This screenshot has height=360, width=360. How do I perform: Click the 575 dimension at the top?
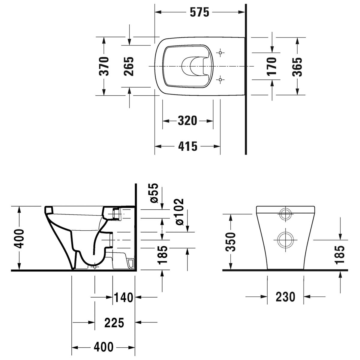pyautogui.click(x=199, y=13)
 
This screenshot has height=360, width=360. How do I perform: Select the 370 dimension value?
pyautogui.click(x=104, y=66)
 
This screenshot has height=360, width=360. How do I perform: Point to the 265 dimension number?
pyautogui.click(x=129, y=66)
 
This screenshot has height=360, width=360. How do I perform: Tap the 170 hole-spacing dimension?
pyautogui.click(x=272, y=67)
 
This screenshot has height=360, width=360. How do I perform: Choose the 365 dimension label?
pyautogui.click(x=297, y=67)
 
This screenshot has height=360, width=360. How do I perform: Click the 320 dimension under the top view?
pyautogui.click(x=187, y=121)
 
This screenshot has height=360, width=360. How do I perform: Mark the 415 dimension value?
pyautogui.click(x=187, y=146)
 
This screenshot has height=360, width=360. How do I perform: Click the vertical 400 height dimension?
pyautogui.click(x=19, y=238)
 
